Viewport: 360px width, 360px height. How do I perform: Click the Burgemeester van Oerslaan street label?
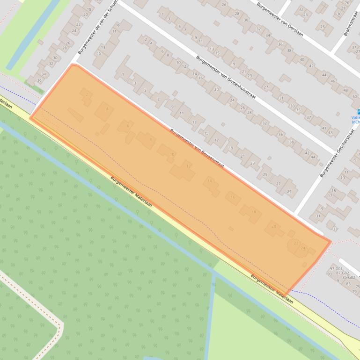coord(279,19)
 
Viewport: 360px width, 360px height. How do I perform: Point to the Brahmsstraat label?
coord(348,23)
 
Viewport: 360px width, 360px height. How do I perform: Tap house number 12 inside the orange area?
coord(188,166)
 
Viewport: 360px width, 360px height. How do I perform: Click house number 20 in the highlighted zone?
coord(274,227)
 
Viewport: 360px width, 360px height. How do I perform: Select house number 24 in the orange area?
coord(303,248)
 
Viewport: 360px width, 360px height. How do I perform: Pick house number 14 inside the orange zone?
coord(210,181)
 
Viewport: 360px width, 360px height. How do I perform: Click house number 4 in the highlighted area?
coord(107,109)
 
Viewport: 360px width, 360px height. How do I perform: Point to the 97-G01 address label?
coord(336,269)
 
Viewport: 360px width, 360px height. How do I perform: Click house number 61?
coord(301,10)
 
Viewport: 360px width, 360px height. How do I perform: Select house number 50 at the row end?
coord(354,97)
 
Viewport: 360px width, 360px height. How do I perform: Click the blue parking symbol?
coord(358,112)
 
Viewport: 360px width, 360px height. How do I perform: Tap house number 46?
coord(333,81)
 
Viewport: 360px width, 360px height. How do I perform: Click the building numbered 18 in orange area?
coord(254,212)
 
